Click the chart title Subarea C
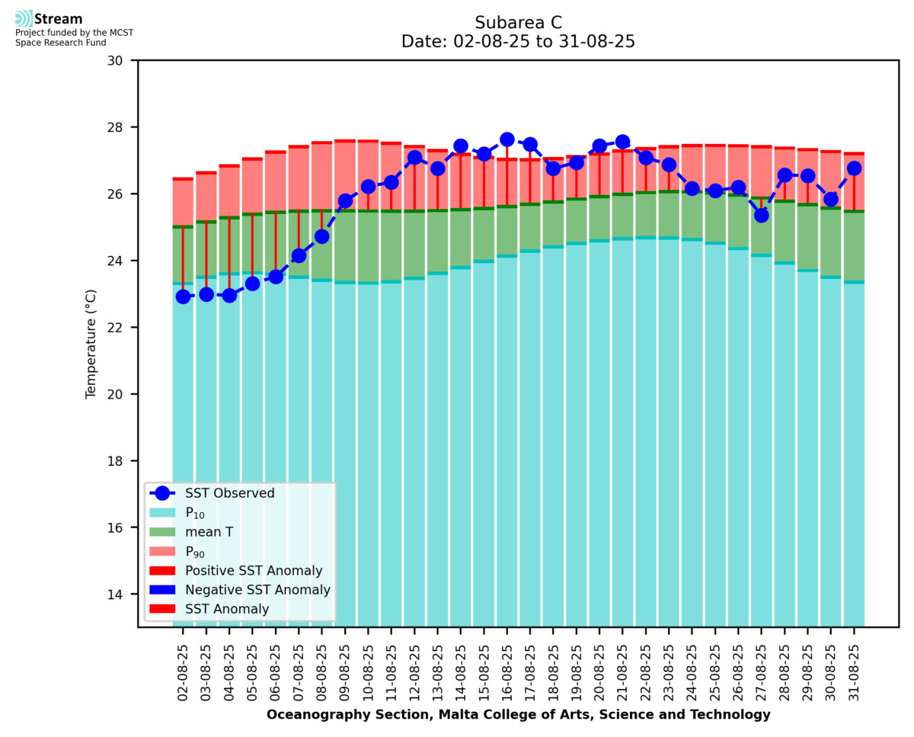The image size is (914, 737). (x=518, y=22)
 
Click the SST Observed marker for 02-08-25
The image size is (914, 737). (x=183, y=296)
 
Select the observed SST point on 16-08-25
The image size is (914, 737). (x=507, y=139)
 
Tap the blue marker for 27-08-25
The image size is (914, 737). (x=761, y=215)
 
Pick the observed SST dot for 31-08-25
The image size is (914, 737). (x=854, y=168)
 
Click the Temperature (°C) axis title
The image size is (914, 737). (x=91, y=343)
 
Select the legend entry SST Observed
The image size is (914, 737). (x=229, y=493)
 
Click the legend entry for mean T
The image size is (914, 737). (x=209, y=532)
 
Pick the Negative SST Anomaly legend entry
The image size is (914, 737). (x=257, y=590)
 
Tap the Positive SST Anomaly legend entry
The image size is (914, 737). (x=254, y=570)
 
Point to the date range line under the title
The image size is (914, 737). (x=518, y=42)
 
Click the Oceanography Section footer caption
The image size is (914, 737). (x=518, y=714)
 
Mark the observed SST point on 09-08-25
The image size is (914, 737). (x=345, y=200)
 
